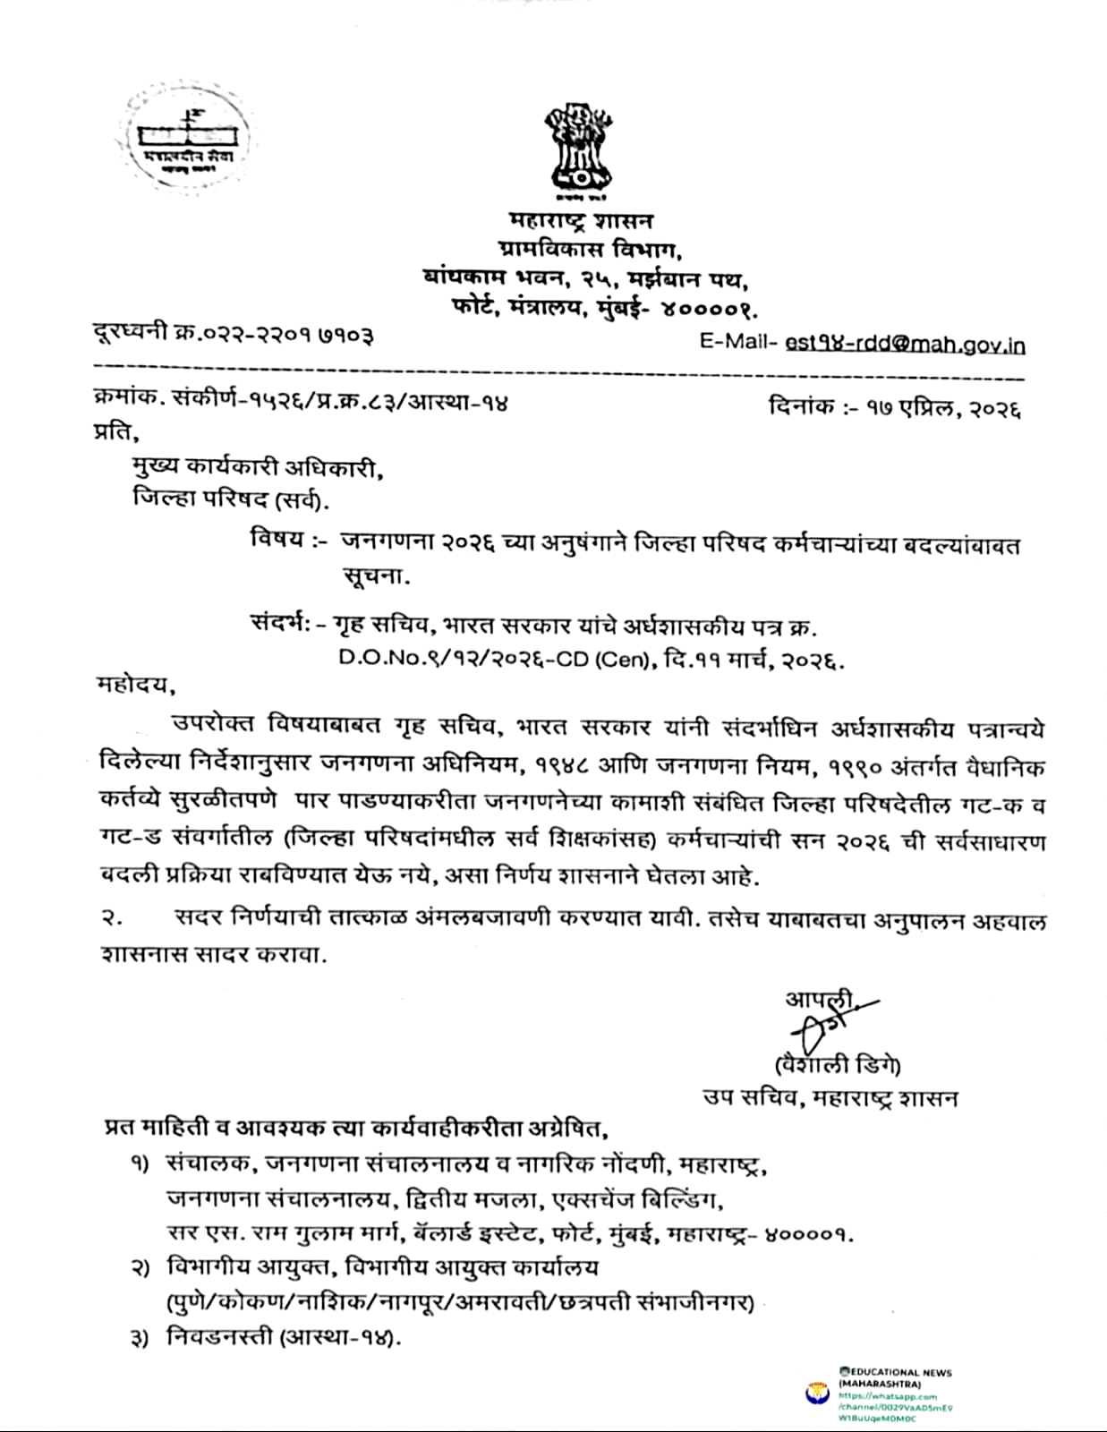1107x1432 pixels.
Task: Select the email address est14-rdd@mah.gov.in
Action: point(905,345)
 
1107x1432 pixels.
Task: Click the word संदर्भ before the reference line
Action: point(279,624)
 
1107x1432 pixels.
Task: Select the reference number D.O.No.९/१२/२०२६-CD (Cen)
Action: point(493,660)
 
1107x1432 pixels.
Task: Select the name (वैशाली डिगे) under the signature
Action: point(838,1065)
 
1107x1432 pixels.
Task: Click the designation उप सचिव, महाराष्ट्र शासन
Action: point(830,1098)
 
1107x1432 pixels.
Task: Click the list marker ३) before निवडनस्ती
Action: point(140,1340)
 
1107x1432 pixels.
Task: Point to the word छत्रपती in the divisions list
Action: point(590,1303)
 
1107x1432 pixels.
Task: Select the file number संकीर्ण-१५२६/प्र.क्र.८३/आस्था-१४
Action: point(340,403)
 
